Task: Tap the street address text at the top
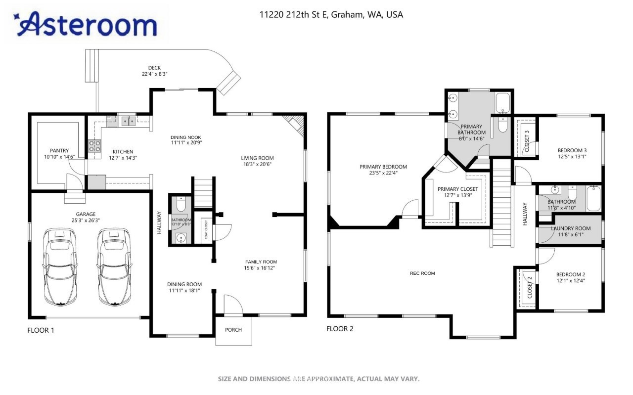(x=331, y=15)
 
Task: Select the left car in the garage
(x=60, y=267)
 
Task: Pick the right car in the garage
(x=114, y=267)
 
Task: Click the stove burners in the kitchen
(x=94, y=146)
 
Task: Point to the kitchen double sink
(x=129, y=121)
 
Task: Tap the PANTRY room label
(x=59, y=151)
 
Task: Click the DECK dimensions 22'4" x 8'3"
(x=155, y=74)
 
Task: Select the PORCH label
(x=233, y=330)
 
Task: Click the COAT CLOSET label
(x=206, y=230)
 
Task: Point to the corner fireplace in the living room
(x=294, y=125)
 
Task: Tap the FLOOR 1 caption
(x=41, y=330)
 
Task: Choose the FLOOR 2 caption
(x=340, y=329)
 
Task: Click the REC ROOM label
(x=422, y=273)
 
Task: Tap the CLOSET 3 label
(x=527, y=141)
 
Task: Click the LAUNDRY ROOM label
(x=571, y=228)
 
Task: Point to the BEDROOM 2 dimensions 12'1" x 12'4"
(x=571, y=281)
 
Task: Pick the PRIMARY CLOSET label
(x=458, y=189)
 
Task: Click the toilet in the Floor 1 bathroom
(x=181, y=204)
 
